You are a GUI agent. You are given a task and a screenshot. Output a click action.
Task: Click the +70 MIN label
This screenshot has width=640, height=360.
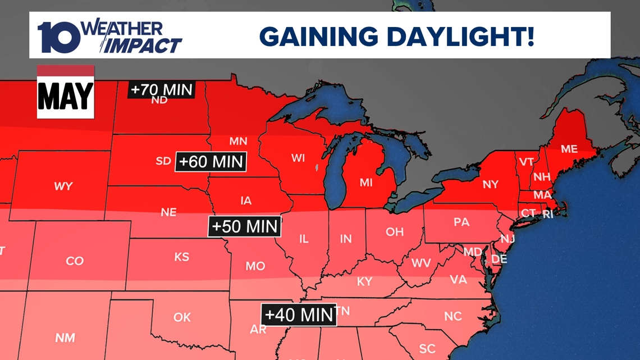162,89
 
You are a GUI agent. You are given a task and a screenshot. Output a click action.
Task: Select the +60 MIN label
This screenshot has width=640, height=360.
211,162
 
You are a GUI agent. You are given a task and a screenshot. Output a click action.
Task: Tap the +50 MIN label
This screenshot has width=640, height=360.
245,226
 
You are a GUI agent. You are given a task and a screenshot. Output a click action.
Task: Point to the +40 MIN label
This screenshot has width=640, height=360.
299,315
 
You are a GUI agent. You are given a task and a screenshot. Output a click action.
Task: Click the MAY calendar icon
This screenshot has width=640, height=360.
65,92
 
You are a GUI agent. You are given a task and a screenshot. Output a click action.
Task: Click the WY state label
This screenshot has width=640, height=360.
63,186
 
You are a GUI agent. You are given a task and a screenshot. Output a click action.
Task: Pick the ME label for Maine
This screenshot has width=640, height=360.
569,149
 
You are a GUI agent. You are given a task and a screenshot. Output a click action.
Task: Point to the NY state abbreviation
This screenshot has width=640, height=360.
490,184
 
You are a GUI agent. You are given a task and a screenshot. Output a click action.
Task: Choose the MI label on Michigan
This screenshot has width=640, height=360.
366,183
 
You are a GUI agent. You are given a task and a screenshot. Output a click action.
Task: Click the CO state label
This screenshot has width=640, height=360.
75,261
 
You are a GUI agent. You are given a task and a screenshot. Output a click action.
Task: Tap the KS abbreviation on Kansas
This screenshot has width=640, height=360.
181,257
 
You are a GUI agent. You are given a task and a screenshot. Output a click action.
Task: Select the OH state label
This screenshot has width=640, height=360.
394,231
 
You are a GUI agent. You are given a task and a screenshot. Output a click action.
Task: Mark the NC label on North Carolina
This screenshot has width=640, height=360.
452,316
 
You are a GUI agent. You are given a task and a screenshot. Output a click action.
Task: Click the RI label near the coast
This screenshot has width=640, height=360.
548,214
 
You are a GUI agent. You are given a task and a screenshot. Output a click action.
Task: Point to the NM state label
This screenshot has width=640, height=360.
66,338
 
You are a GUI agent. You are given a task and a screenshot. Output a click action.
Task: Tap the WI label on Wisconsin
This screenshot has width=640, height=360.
298,158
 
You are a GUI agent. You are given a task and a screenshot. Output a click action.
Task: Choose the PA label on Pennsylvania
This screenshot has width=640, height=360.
461,222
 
